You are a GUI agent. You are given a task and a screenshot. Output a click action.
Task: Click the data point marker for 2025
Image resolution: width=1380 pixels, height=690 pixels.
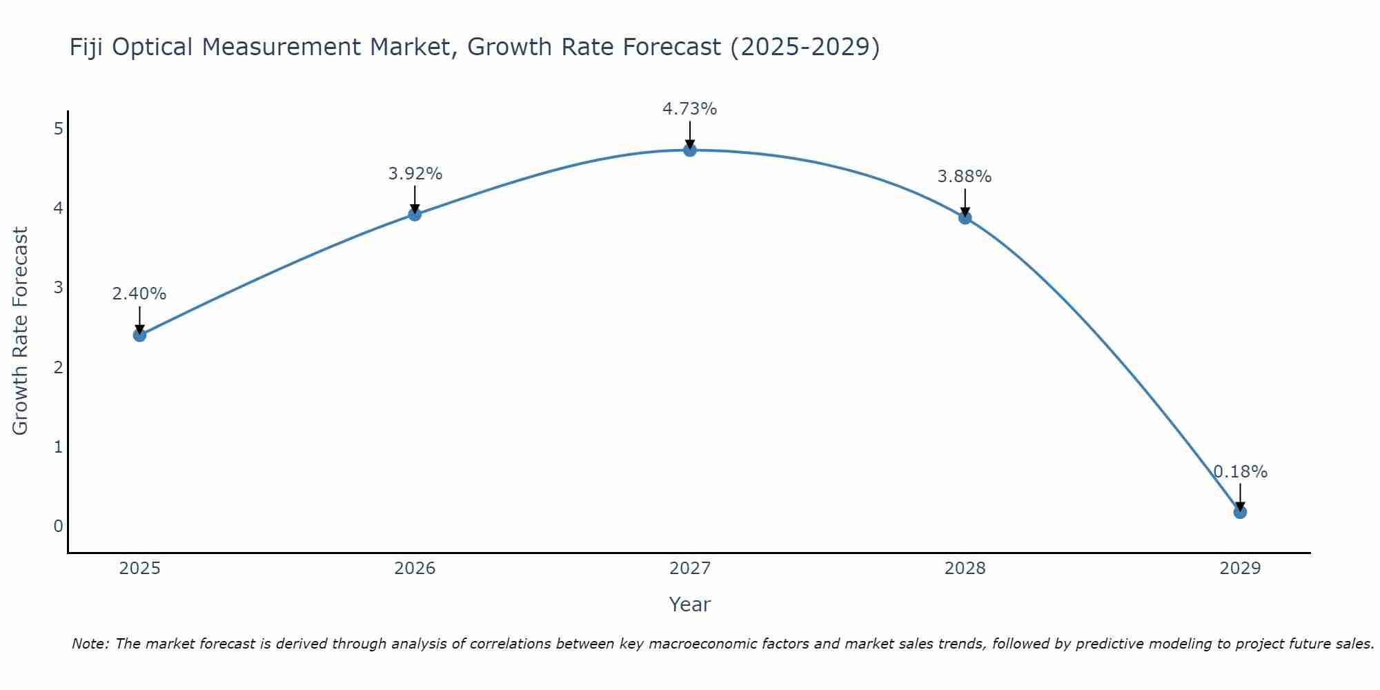pyautogui.click(x=139, y=335)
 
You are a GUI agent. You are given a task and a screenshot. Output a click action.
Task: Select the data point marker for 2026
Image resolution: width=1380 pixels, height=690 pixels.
pyautogui.click(x=415, y=215)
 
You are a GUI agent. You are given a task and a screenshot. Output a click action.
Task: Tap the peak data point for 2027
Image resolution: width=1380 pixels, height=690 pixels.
pyautogui.click(x=690, y=150)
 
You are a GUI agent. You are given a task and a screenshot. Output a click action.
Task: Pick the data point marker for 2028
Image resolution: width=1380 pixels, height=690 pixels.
pyautogui.click(x=965, y=218)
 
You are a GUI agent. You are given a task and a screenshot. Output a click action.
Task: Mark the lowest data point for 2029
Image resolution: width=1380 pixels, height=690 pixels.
pyautogui.click(x=1240, y=512)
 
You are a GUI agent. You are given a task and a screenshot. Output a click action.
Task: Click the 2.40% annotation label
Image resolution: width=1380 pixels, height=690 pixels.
pyautogui.click(x=139, y=294)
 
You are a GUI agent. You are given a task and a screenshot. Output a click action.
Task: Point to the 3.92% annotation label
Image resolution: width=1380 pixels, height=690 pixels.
pyautogui.click(x=415, y=174)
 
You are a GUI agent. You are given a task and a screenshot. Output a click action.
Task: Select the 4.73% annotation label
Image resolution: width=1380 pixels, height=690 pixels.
pyautogui.click(x=690, y=109)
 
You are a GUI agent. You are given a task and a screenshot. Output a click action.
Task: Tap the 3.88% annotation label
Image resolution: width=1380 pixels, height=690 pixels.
pyautogui.click(x=965, y=177)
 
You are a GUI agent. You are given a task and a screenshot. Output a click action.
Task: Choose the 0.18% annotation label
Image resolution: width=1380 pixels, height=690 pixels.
pyautogui.click(x=1241, y=472)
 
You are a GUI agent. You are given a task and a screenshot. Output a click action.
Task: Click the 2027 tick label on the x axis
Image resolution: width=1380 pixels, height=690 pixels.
pyautogui.click(x=690, y=569)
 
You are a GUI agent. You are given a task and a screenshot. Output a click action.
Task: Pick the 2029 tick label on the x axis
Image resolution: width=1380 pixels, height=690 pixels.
pyautogui.click(x=1240, y=569)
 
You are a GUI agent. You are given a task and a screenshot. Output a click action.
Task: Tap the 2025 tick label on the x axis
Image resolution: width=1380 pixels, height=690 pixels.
pyautogui.click(x=139, y=569)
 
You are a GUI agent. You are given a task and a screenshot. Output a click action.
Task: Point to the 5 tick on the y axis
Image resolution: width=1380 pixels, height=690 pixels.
pyautogui.click(x=58, y=128)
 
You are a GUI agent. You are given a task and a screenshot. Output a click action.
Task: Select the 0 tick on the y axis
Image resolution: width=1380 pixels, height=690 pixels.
pyautogui.click(x=58, y=526)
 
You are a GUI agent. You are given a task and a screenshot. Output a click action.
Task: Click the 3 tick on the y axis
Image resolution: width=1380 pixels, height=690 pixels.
pyautogui.click(x=58, y=287)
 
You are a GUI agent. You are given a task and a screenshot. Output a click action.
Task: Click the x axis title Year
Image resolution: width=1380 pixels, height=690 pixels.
pyautogui.click(x=690, y=604)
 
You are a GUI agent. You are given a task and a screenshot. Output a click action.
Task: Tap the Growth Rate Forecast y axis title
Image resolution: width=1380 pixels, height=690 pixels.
pyautogui.click(x=21, y=331)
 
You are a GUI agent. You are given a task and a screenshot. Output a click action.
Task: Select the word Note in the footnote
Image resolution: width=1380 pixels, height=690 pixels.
pyautogui.click(x=90, y=644)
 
